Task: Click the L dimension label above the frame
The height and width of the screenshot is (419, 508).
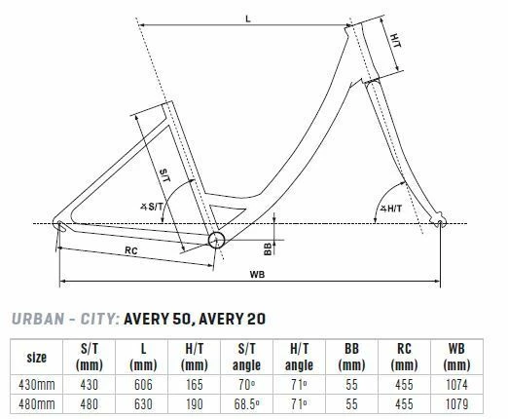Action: pyautogui.click(x=248, y=19)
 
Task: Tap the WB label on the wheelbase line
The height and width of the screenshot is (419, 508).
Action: pyautogui.click(x=257, y=275)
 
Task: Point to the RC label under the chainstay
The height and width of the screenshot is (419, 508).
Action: pyautogui.click(x=131, y=250)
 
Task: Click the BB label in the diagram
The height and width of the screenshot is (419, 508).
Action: pyautogui.click(x=268, y=249)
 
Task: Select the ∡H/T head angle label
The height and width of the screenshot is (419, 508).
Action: pyautogui.click(x=391, y=209)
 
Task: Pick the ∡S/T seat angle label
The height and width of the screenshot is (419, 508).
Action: pyautogui.click(x=152, y=207)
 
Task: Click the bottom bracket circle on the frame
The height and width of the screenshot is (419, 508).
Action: pyautogui.click(x=216, y=241)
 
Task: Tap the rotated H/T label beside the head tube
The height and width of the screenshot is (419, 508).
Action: pyautogui.click(x=395, y=40)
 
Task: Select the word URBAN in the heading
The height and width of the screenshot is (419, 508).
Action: pyautogui.click(x=38, y=319)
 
